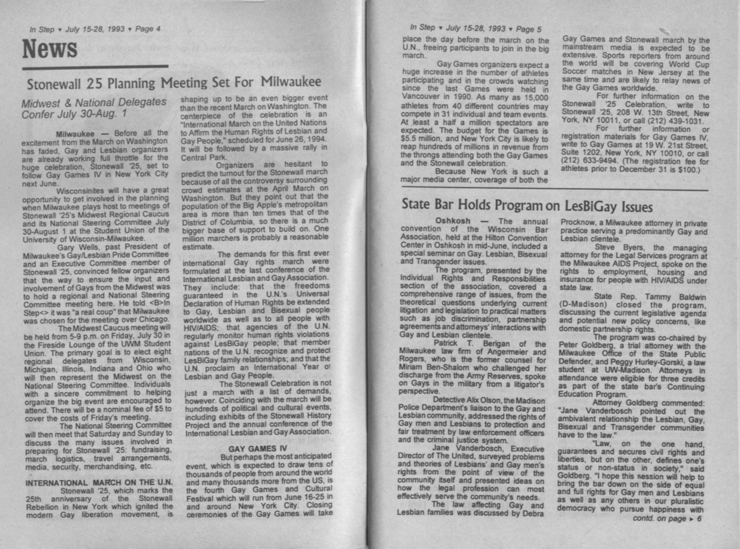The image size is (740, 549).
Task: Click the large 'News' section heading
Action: tap(49, 49)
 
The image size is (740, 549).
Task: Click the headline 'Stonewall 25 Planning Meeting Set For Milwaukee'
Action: tap(174, 83)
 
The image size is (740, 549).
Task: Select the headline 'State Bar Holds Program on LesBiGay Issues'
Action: tap(527, 205)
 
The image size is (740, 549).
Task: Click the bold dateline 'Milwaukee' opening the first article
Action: tap(75, 134)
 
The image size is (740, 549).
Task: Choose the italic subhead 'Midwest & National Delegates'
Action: tap(94, 103)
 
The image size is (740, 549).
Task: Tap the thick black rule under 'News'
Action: tap(95, 67)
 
